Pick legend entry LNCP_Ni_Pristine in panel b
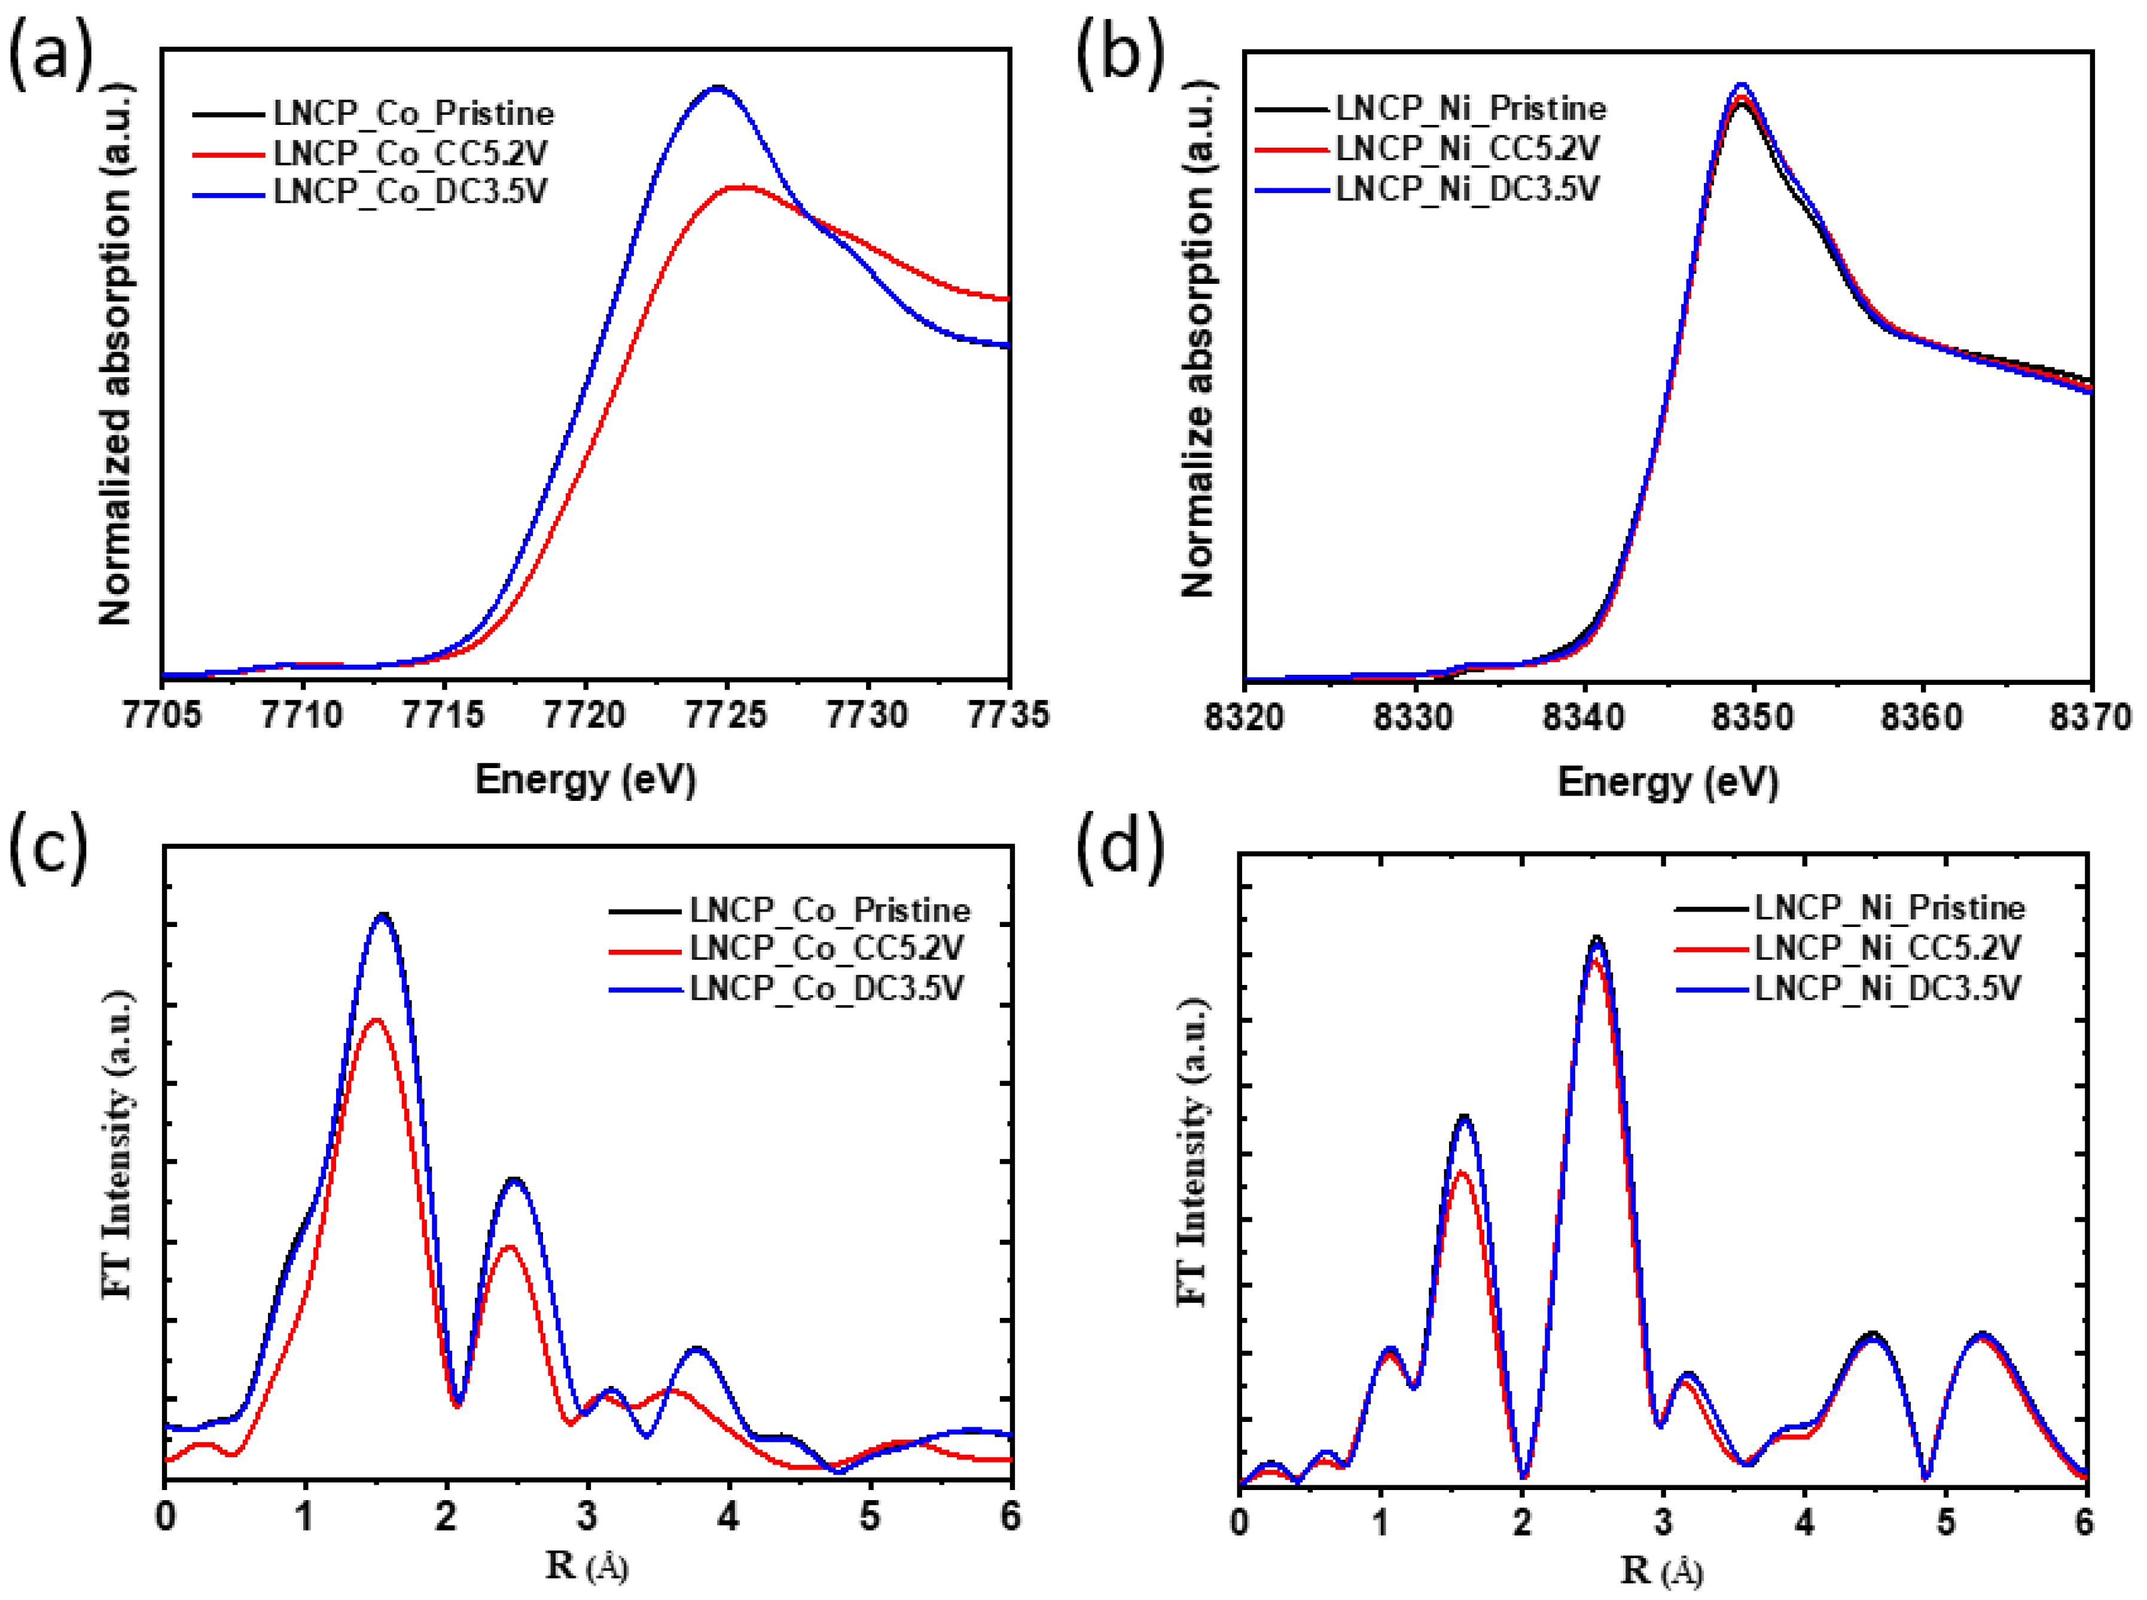pyautogui.click(x=1471, y=108)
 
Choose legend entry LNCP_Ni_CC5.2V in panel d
pyautogui.click(x=1887, y=947)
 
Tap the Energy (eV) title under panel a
pyautogui.click(x=585, y=779)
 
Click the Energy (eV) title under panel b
pyautogui.click(x=1667, y=781)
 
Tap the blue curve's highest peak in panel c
pyautogui.click(x=383, y=914)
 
